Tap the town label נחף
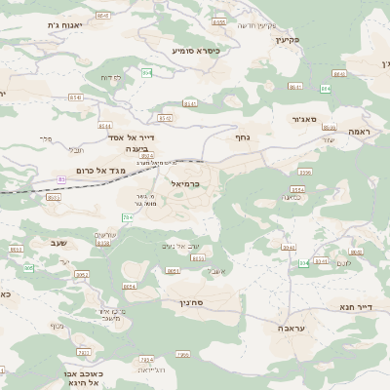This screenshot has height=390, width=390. (x=242, y=137)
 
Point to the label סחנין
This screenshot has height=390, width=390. (x=197, y=302)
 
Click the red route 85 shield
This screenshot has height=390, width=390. (x=62, y=179)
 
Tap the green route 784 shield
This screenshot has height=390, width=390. (x=128, y=216)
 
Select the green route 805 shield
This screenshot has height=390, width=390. (x=29, y=267)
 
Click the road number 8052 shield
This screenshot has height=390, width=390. (x=82, y=275)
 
